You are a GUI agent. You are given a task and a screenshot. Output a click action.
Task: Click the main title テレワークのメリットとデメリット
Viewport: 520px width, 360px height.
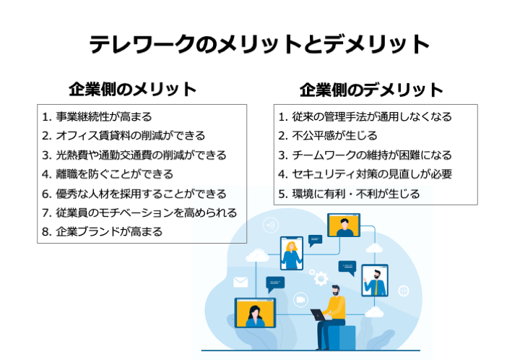(259, 44)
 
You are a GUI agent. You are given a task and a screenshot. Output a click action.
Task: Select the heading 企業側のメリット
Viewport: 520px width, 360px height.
(133, 89)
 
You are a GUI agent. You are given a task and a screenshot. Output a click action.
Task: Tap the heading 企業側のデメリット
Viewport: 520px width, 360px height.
(371, 90)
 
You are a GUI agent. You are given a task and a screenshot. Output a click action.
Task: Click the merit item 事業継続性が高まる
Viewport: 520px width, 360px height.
(104, 117)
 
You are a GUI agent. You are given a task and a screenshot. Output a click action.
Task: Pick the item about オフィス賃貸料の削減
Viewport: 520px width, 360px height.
(130, 136)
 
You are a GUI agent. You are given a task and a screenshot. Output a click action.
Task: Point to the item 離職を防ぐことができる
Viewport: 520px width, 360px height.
(114, 174)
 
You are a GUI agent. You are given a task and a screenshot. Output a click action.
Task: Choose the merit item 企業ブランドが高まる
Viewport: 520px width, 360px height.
(109, 231)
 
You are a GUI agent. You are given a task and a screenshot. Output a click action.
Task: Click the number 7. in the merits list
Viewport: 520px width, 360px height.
(47, 213)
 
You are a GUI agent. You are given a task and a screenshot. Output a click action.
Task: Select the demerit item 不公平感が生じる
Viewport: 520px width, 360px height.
(334, 136)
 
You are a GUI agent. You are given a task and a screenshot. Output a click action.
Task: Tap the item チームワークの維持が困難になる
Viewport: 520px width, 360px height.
(372, 155)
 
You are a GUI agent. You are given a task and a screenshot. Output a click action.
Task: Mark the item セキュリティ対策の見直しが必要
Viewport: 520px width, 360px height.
(372, 174)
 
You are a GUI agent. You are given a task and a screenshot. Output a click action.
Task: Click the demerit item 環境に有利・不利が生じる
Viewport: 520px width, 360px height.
(356, 194)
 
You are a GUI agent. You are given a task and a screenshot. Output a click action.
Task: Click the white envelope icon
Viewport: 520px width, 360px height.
(240, 283)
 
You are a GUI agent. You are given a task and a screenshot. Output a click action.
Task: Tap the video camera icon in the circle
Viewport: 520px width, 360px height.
(300, 300)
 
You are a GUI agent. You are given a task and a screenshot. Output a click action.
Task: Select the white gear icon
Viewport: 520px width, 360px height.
(321, 278)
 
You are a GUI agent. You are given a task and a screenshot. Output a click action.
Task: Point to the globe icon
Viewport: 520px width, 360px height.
(404, 291)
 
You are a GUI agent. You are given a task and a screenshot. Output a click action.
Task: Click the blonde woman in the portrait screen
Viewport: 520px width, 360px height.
(292, 255)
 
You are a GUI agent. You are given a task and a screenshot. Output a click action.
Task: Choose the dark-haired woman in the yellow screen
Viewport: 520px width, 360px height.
(255, 317)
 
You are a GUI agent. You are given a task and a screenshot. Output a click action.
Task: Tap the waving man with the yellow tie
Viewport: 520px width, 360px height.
(376, 283)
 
